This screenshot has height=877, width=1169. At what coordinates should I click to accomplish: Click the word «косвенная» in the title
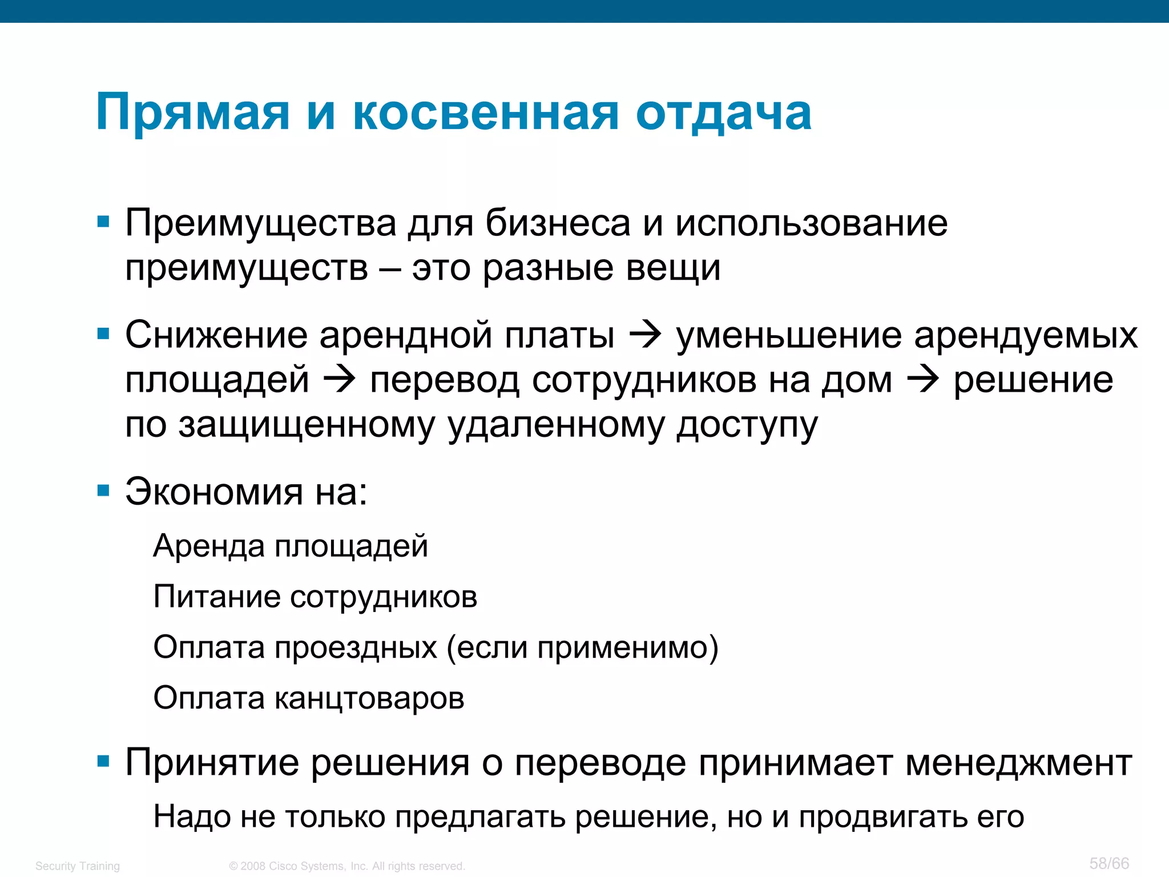tap(486, 112)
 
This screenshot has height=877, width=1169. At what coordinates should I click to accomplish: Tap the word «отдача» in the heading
tap(723, 112)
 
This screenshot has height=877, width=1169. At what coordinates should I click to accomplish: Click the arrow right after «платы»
tap(645, 335)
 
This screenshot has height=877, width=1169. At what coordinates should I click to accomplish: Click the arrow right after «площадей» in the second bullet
tap(340, 380)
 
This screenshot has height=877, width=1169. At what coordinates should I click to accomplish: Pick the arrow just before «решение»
tap(923, 380)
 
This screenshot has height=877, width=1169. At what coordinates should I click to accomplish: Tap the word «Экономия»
tap(214, 492)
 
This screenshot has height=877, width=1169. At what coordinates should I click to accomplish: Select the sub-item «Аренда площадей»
tap(291, 546)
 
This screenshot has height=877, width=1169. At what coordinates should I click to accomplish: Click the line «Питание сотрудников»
tap(315, 597)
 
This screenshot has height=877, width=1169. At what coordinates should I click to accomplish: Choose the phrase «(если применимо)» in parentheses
tap(582, 647)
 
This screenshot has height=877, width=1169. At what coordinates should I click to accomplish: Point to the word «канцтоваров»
tap(369, 698)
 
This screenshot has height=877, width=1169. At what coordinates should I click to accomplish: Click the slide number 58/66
tap(1108, 863)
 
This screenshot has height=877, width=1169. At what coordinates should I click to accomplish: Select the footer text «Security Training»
tap(78, 866)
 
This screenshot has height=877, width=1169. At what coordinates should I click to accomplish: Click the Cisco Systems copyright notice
tap(347, 866)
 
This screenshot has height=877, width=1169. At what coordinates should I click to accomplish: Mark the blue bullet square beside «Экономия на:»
tap(103, 490)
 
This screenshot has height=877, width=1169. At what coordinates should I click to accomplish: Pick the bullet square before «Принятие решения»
tap(103, 761)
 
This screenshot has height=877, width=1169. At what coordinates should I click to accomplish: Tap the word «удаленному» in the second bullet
tap(556, 425)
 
